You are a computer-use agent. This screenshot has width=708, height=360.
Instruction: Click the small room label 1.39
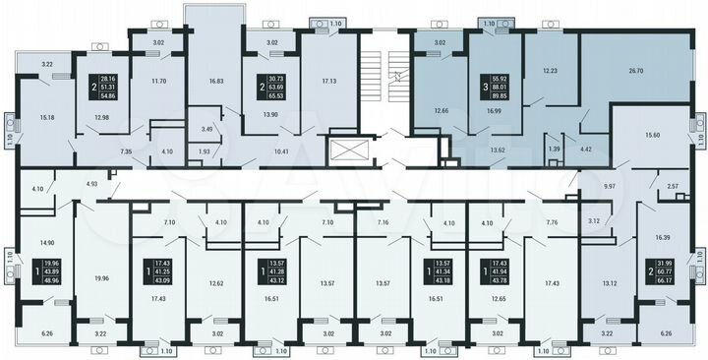[x=556, y=148]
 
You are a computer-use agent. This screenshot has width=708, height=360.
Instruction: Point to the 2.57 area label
[x=673, y=186]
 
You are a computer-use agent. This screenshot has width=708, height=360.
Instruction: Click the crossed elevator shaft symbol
[x=349, y=151]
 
